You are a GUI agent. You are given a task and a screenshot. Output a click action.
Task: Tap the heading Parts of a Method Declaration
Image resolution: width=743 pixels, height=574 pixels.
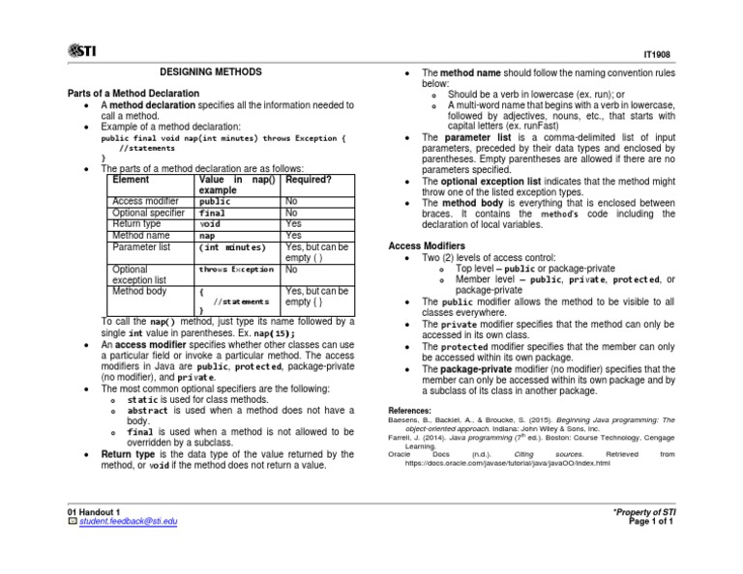132,93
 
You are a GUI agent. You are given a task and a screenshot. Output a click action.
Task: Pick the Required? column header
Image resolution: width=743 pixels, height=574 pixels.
310,180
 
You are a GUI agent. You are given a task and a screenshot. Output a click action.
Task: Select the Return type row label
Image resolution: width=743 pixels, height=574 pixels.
136,223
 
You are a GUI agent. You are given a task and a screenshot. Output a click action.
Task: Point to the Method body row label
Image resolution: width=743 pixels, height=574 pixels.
139,290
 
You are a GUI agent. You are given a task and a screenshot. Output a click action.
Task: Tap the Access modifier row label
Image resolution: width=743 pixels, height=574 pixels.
145,201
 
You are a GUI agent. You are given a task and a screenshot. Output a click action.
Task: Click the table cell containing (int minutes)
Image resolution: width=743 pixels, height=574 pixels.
232,246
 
